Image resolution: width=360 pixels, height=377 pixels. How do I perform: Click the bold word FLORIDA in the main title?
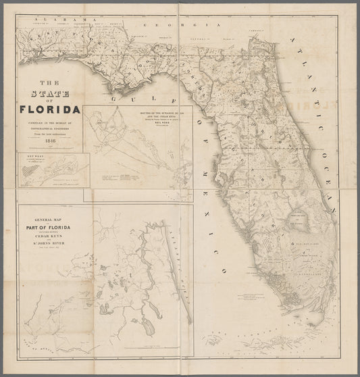pos(50,108)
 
